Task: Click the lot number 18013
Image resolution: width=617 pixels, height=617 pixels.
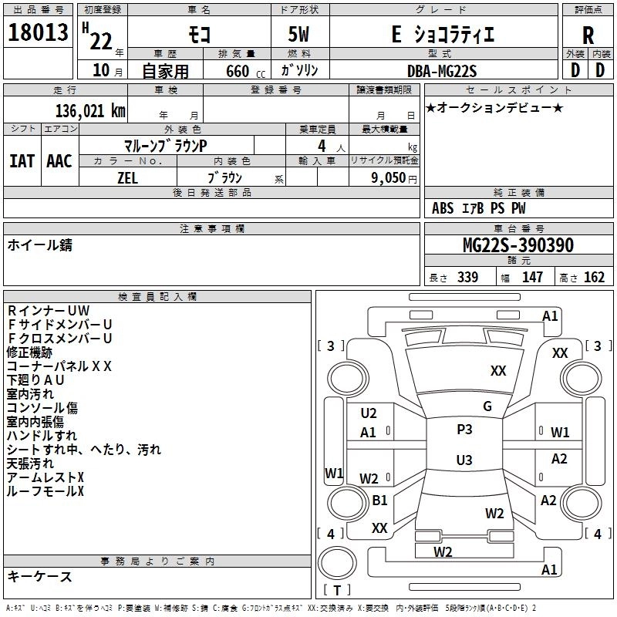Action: point(38,32)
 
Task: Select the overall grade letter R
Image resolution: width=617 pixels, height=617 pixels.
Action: point(588,35)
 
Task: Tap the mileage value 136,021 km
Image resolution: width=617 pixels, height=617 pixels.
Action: point(90,111)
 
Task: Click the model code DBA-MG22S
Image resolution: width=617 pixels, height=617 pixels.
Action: point(442,71)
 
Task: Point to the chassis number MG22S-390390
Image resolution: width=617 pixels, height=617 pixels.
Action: point(518,245)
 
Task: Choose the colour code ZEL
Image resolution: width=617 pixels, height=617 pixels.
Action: point(127,178)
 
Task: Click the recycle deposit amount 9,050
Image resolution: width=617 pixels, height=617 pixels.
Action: point(388,177)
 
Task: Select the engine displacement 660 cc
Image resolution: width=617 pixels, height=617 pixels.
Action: point(245,72)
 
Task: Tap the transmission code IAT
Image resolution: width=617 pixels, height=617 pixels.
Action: point(22,161)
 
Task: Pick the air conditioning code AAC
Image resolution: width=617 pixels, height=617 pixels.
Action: point(59,161)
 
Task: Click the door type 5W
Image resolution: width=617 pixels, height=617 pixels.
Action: point(298,35)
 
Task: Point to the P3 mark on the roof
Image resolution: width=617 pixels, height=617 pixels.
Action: point(464,429)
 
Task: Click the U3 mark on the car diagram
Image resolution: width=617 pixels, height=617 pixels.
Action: point(464,460)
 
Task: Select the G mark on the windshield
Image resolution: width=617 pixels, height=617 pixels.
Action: point(487,406)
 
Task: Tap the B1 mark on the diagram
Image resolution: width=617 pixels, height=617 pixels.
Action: point(379,500)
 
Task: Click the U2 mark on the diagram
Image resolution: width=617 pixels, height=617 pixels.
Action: point(369,413)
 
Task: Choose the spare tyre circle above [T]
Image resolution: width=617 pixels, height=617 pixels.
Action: point(337,562)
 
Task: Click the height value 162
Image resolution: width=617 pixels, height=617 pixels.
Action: point(594,277)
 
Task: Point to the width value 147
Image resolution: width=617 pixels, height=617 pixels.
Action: point(532,277)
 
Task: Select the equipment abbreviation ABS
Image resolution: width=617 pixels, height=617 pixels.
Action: point(443,208)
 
